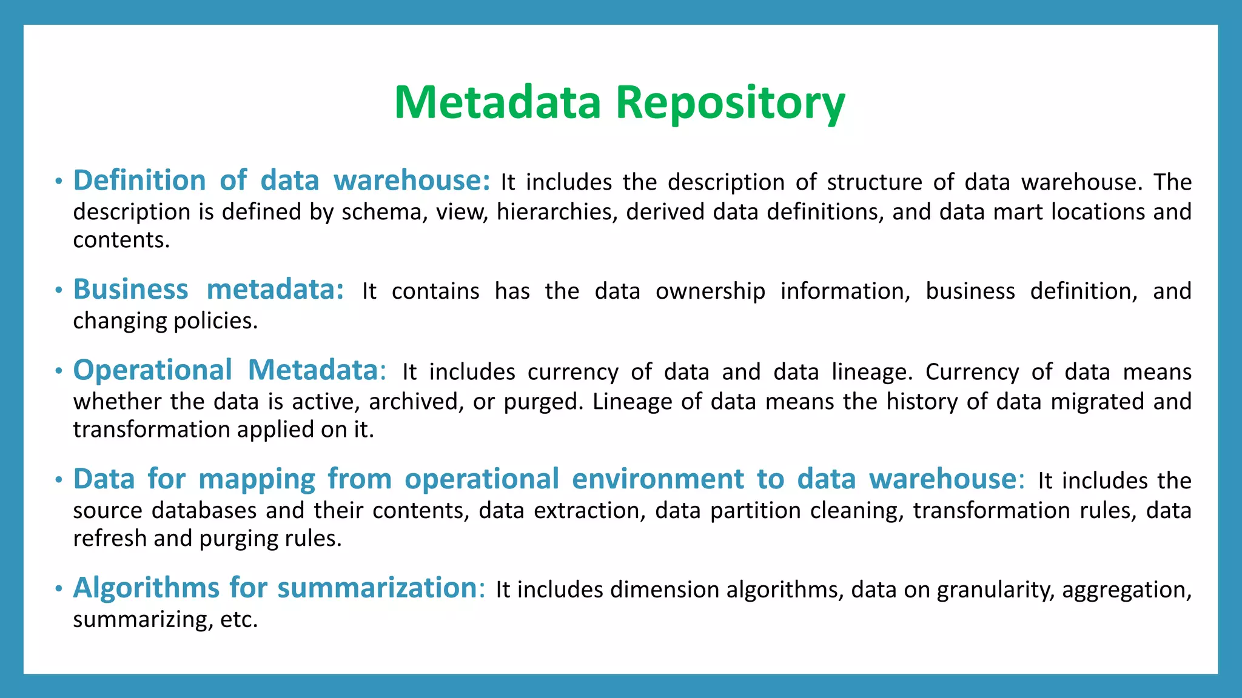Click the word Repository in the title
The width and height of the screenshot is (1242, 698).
point(730,103)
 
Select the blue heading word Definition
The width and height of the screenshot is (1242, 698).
point(139,181)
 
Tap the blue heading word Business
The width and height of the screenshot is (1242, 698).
point(130,290)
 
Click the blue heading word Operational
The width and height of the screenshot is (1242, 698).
point(152,370)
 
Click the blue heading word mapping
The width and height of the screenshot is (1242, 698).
point(257,479)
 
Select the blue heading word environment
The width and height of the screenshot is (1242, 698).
point(657,479)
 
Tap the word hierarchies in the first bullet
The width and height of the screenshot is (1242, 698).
point(557,212)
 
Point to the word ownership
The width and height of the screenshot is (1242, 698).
point(710,291)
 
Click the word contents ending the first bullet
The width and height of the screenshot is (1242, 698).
point(121,241)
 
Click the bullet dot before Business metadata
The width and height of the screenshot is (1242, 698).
point(58,291)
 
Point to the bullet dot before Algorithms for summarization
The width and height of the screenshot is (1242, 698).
point(58,589)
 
